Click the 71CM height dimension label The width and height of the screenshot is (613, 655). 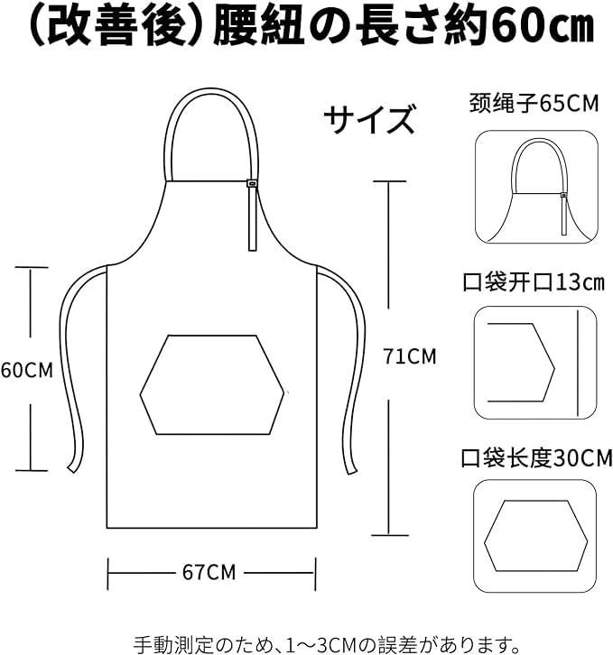point(409,356)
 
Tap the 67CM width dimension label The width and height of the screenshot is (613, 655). point(209,571)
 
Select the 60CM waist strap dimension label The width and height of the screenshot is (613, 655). point(26,369)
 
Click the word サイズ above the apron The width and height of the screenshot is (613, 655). point(370,119)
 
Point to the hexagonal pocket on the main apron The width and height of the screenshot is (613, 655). point(212,383)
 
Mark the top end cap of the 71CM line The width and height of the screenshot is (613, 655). point(388,181)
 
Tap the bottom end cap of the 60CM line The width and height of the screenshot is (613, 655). point(32,470)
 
